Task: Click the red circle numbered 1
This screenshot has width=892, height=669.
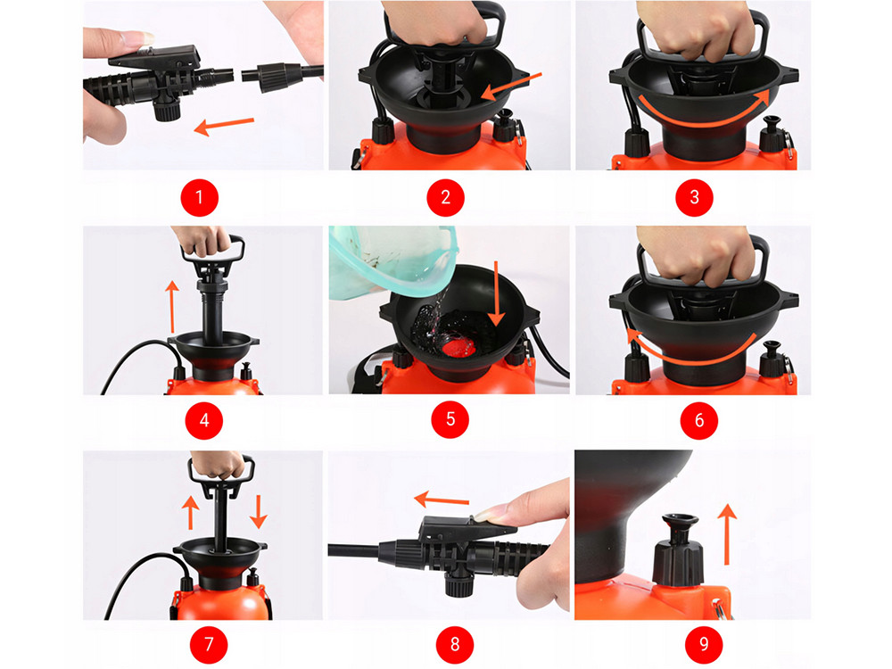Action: click(199, 197)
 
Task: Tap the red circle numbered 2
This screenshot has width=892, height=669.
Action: click(445, 197)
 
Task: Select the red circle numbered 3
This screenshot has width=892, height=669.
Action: click(694, 197)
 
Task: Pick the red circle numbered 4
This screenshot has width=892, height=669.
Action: click(204, 420)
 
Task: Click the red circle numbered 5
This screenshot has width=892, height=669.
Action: click(450, 419)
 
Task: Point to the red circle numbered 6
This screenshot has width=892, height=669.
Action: click(699, 420)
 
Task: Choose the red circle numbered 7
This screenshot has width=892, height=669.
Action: click(209, 644)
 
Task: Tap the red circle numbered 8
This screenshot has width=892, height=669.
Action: click(455, 644)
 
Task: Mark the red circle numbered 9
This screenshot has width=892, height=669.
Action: click(704, 644)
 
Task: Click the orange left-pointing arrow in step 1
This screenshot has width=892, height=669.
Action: click(224, 126)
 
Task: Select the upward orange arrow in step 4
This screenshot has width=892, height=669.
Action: click(172, 307)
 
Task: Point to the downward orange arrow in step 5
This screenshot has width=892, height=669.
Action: click(496, 293)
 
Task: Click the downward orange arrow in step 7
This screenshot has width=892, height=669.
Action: click(259, 511)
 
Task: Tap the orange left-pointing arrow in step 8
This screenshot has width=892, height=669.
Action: click(442, 500)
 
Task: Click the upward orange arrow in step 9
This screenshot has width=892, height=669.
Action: click(726, 534)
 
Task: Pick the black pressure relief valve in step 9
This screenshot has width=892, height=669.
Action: click(678, 549)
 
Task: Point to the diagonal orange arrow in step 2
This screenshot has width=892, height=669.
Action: click(511, 87)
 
